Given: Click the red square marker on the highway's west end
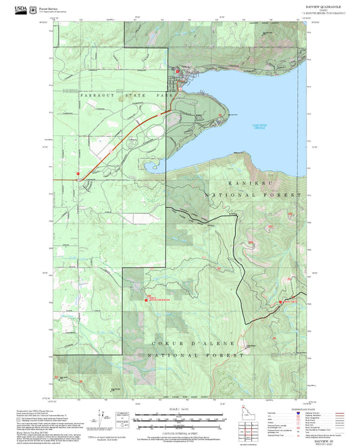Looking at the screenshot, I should tap(78, 174).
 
